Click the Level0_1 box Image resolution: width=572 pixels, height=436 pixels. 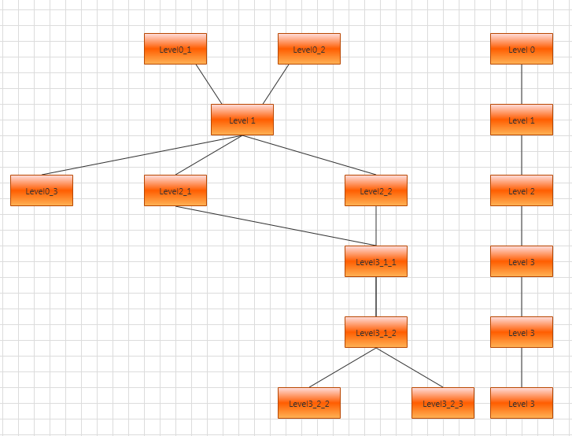click(x=175, y=49)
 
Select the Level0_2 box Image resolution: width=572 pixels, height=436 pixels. click(x=309, y=49)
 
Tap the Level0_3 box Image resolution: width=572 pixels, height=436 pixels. click(x=42, y=190)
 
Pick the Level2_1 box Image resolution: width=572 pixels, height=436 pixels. click(x=175, y=190)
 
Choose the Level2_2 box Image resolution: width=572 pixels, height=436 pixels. click(x=376, y=190)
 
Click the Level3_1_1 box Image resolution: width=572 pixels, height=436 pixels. click(x=376, y=261)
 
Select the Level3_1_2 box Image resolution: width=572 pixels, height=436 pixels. click(x=376, y=332)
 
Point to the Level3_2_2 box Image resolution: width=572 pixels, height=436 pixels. click(x=309, y=403)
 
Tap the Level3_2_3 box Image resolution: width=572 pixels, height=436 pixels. click(x=443, y=403)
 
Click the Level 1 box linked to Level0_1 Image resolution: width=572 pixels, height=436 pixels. click(x=242, y=120)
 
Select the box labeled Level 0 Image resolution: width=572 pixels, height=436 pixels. click(x=522, y=49)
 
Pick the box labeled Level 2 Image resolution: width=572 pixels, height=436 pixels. click(x=522, y=190)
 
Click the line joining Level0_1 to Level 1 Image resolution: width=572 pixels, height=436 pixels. click(x=209, y=84)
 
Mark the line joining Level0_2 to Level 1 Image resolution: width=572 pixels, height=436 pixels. click(x=276, y=84)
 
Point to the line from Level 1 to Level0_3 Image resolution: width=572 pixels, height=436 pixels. click(x=142, y=155)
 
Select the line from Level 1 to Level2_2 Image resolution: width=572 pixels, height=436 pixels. click(x=309, y=155)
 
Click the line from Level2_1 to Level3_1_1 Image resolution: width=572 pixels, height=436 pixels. click(x=275, y=226)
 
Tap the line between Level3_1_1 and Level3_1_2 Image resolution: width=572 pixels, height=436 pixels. click(x=376, y=297)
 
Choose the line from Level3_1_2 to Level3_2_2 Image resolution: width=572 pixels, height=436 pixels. click(x=342, y=368)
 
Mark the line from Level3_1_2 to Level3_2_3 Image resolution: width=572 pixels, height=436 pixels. click(x=409, y=368)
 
